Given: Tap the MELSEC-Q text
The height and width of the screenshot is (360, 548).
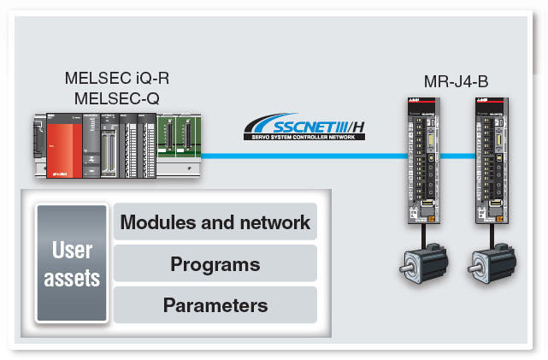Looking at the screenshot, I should tap(117, 97).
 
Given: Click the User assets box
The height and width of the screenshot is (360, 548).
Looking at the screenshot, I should tap(72, 263).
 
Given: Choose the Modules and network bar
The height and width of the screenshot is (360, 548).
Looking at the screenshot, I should tap(215, 223).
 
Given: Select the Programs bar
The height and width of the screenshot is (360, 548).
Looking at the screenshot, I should tap(215, 263).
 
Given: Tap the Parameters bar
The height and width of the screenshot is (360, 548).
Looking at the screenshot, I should tap(215, 304).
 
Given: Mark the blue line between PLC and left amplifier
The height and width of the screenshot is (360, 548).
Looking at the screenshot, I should tap(299, 156).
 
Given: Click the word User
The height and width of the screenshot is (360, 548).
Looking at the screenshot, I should tap(72, 251).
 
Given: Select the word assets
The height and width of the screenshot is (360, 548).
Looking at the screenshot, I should tap(72, 277).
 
